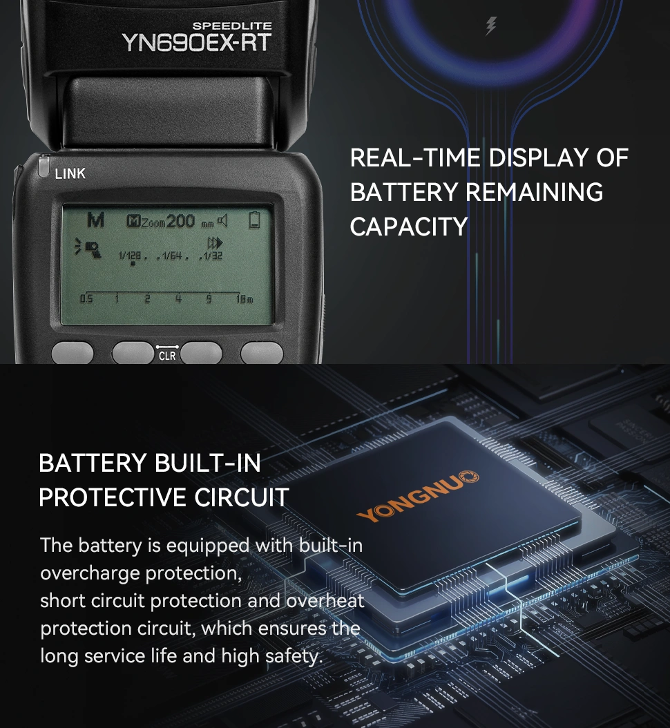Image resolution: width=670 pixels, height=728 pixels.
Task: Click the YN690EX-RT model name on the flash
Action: click(197, 43)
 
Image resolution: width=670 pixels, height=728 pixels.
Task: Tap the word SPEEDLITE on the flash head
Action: click(232, 26)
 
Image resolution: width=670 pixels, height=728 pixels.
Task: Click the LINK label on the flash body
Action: click(70, 173)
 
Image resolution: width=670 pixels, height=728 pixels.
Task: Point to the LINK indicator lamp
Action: click(44, 166)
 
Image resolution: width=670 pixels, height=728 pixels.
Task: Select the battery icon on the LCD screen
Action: click(254, 220)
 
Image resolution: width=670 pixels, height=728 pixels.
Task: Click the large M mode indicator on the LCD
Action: click(95, 220)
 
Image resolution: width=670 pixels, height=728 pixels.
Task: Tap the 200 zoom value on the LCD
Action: click(180, 221)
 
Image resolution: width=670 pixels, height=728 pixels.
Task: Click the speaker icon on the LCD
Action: click(223, 220)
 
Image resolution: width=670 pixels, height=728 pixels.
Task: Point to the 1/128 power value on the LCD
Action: click(130, 256)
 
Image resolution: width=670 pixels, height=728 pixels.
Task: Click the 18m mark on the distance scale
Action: click(245, 299)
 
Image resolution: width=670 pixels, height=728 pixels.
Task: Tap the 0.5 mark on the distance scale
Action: click(86, 298)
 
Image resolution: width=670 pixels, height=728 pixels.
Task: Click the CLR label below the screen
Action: click(167, 356)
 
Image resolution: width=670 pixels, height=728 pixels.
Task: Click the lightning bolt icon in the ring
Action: click(491, 26)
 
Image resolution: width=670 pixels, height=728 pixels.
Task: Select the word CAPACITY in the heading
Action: click(409, 227)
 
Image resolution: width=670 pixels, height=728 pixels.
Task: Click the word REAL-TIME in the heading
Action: click(415, 158)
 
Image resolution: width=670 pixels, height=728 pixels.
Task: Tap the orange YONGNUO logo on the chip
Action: click(417, 497)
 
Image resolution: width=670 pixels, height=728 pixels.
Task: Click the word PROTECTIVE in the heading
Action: click(113, 498)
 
